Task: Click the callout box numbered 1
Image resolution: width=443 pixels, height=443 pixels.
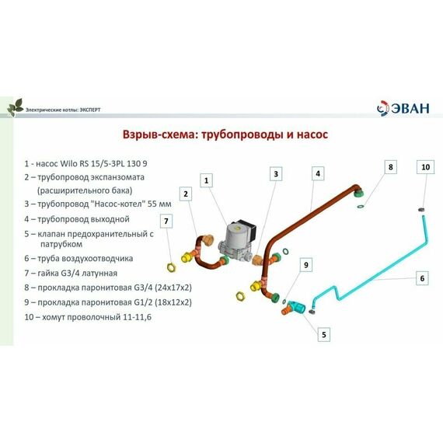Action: coord(206,180)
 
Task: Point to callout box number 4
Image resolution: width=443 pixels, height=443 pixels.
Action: coord(318,174)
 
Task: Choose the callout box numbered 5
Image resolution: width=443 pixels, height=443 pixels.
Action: coord(324,334)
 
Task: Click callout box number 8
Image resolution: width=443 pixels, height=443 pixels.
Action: coord(391,166)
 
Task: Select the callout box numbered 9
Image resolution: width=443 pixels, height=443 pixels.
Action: coord(306,265)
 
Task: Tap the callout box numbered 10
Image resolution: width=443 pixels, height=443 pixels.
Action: coord(425,166)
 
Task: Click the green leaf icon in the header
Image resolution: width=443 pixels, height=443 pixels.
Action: coord(15,106)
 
